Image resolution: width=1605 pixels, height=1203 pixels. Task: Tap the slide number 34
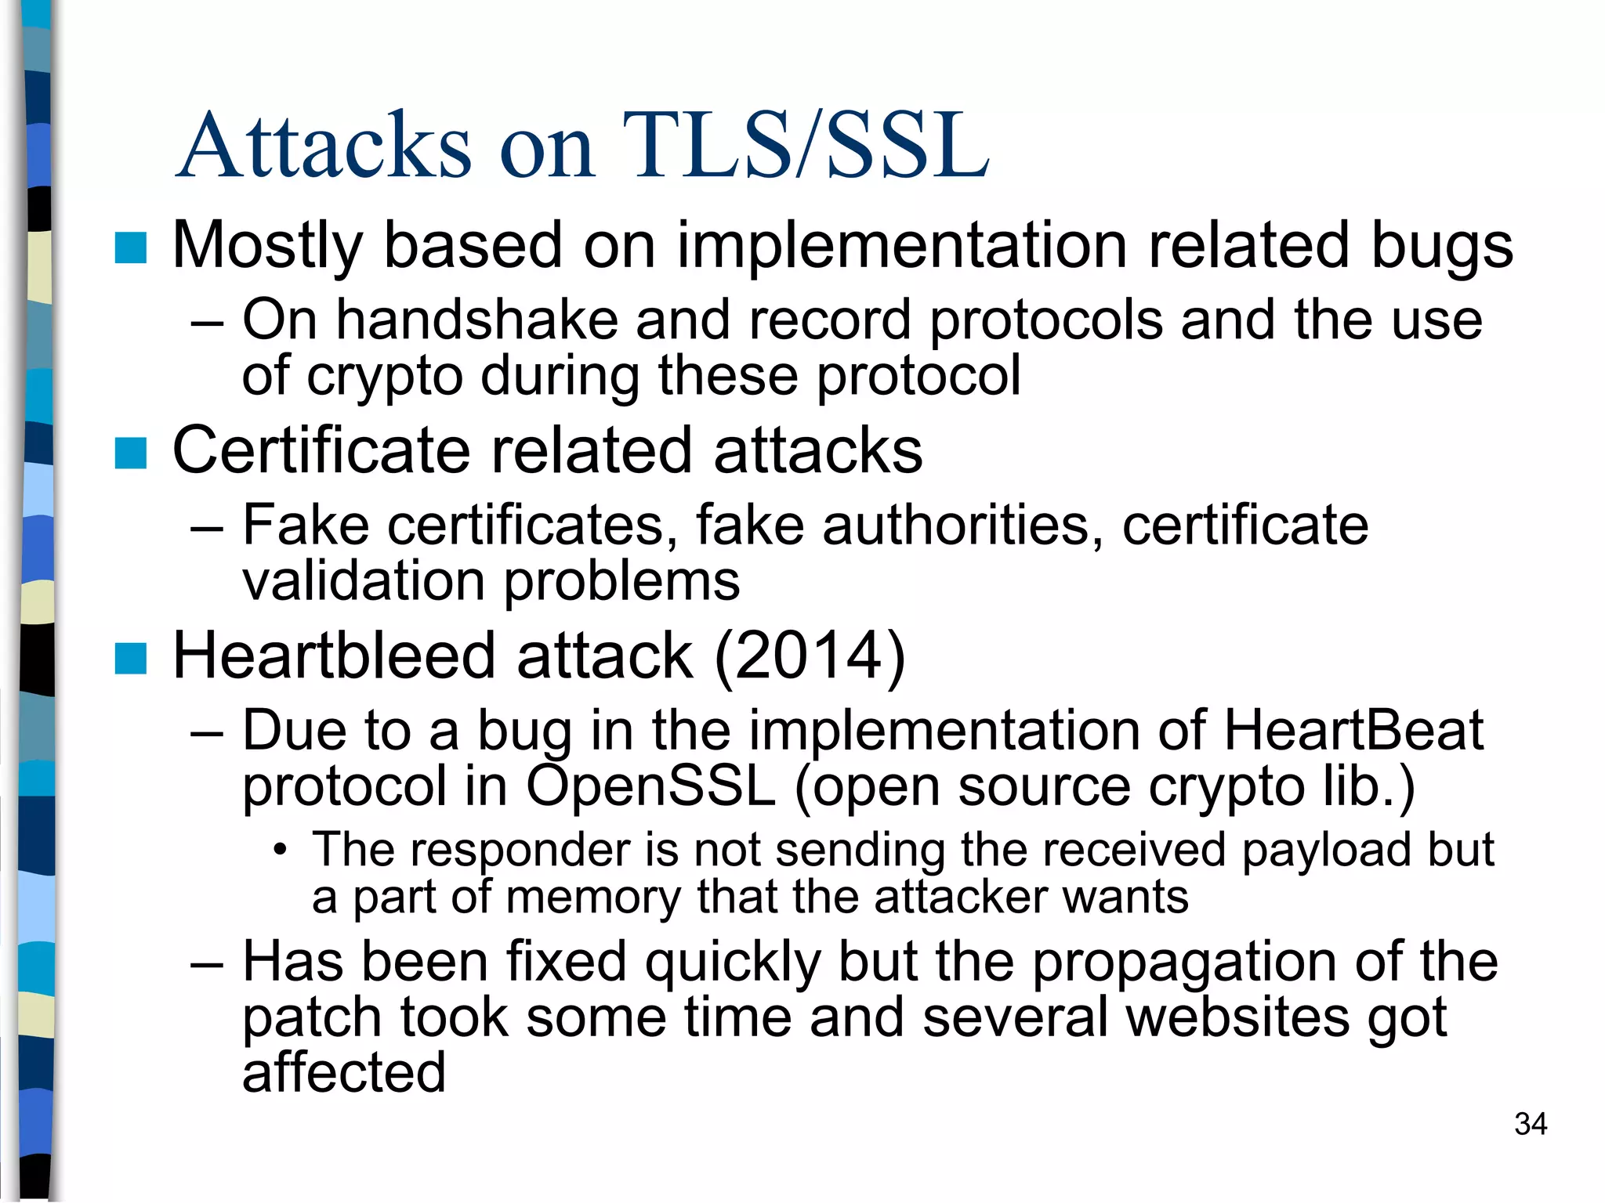point(1530,1124)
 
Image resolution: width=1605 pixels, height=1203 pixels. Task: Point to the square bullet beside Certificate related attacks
point(130,453)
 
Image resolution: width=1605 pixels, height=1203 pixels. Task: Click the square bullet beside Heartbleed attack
point(130,658)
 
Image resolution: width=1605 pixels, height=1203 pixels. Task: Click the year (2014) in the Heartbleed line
point(810,656)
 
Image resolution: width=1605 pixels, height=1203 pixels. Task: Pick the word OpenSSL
point(650,786)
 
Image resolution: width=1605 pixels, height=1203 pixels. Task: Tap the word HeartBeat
point(1353,730)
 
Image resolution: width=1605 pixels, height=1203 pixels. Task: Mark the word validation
point(364,581)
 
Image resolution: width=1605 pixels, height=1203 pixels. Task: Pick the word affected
point(343,1073)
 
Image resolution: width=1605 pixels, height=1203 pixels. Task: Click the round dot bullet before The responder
point(280,851)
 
